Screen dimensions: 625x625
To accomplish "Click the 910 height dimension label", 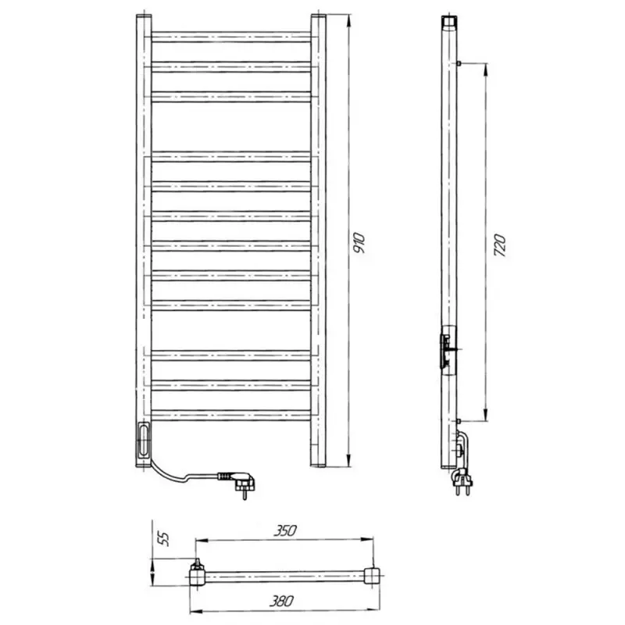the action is point(359,243).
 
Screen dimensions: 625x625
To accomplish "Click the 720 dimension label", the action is point(499,245).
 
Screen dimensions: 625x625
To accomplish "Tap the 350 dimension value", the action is point(285,531).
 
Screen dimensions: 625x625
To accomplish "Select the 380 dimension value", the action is point(281,601).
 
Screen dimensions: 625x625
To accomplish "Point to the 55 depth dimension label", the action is point(164,538).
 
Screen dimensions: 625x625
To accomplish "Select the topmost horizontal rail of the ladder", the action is point(231,37).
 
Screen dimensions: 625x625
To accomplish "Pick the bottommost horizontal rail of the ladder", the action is point(231,416).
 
